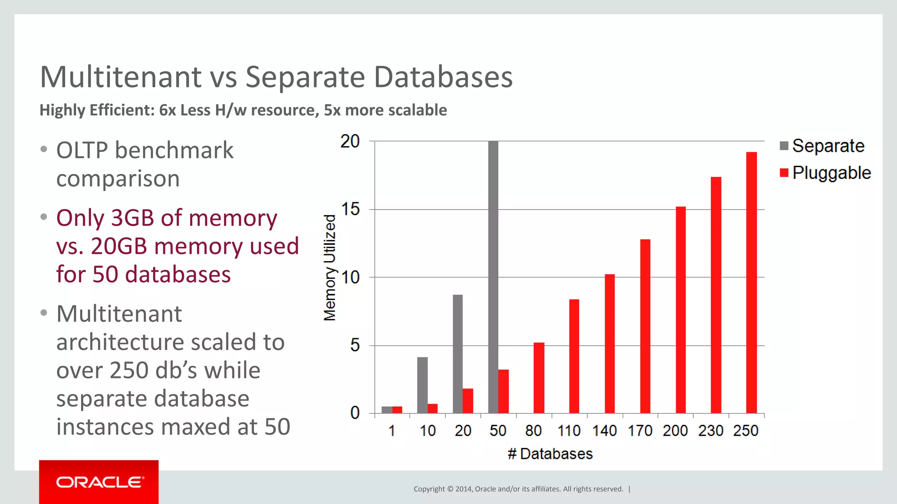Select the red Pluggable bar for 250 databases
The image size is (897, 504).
click(x=751, y=283)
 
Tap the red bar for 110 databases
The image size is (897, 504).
click(x=574, y=356)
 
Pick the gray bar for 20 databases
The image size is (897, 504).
click(x=458, y=354)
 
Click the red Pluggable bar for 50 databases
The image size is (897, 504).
click(x=504, y=391)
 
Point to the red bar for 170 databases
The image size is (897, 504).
click(x=645, y=326)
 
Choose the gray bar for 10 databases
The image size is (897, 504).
click(x=422, y=385)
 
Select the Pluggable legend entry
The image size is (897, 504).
click(x=825, y=173)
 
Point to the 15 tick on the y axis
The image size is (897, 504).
click(x=350, y=210)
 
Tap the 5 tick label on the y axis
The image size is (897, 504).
click(x=355, y=346)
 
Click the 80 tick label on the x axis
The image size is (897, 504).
click(x=533, y=431)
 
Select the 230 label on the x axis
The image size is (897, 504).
click(x=710, y=431)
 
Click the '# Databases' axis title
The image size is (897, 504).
click(x=550, y=454)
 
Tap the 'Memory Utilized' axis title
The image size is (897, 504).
click(x=330, y=268)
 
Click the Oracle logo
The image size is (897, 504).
click(x=99, y=482)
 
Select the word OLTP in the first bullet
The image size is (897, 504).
click(x=82, y=150)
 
